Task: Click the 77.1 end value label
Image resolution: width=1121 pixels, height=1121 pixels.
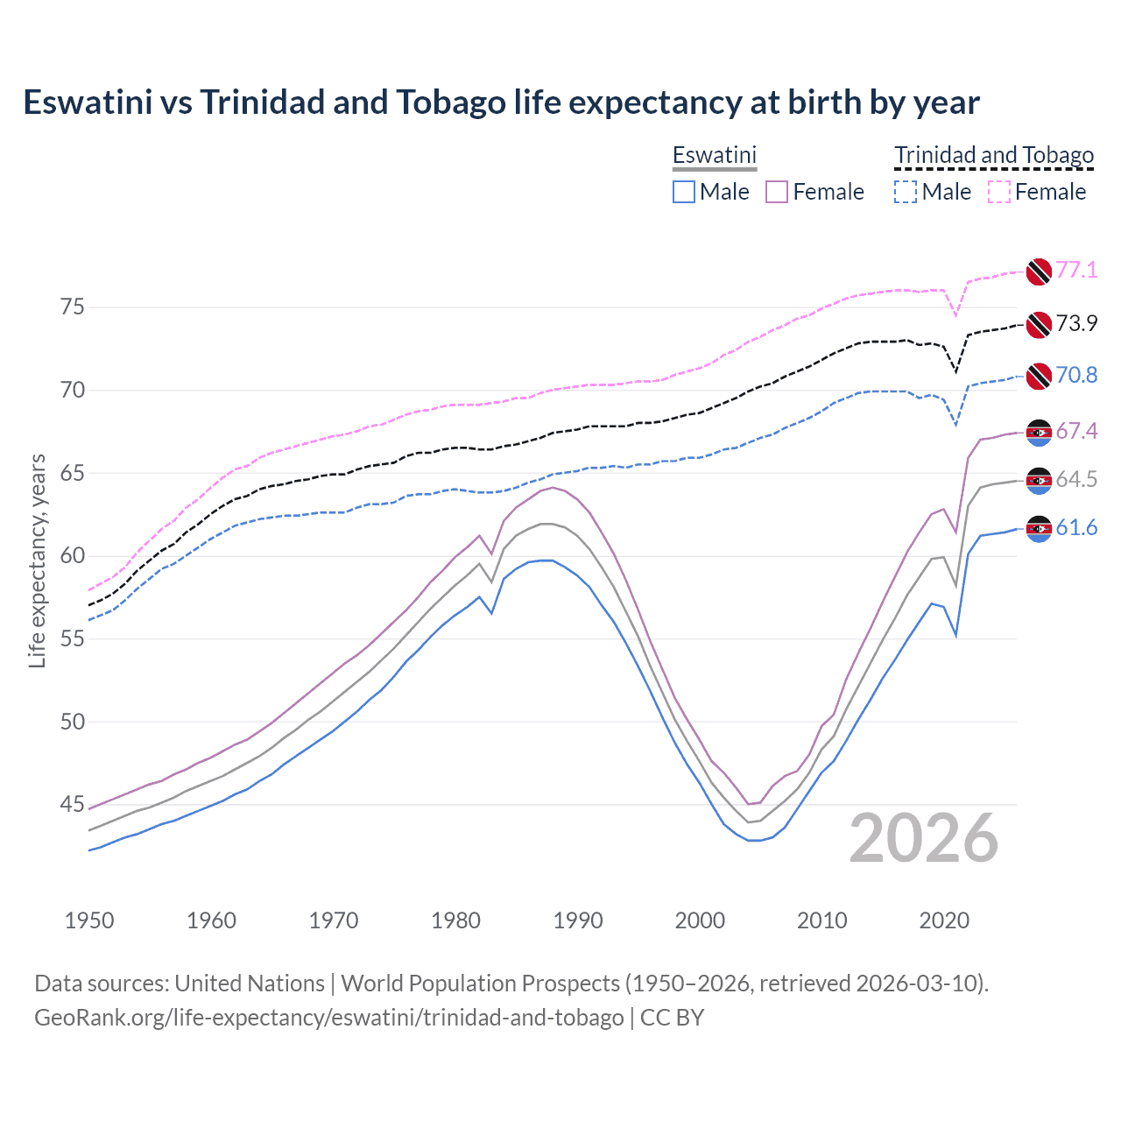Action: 1076,270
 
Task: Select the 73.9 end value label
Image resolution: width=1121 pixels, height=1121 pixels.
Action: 1076,323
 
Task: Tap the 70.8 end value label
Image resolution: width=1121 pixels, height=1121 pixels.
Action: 1076,375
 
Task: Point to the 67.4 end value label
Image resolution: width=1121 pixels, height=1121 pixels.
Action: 1076,431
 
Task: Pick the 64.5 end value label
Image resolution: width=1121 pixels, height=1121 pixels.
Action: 1076,479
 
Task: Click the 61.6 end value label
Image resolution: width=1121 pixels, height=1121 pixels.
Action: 1076,527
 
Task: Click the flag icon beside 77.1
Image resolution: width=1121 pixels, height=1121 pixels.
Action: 1039,271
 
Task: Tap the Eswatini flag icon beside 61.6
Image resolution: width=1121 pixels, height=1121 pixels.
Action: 1039,529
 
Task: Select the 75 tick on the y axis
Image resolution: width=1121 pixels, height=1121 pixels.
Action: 73,307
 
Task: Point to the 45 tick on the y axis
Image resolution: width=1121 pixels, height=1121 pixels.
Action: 73,804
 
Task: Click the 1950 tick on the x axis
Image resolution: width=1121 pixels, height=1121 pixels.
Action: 89,920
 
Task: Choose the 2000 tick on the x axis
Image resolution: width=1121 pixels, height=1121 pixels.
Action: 700,920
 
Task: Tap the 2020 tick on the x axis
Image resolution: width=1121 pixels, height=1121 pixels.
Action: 944,920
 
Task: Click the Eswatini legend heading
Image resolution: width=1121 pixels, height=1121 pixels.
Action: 714,155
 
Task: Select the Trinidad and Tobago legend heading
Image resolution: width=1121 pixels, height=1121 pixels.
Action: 994,155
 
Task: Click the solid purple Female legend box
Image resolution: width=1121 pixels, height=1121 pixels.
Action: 777,192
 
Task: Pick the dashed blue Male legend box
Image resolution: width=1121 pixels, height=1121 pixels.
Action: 906,192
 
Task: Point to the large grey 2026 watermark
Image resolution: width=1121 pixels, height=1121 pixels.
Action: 924,838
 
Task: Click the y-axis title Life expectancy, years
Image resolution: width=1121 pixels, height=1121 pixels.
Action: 38,560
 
